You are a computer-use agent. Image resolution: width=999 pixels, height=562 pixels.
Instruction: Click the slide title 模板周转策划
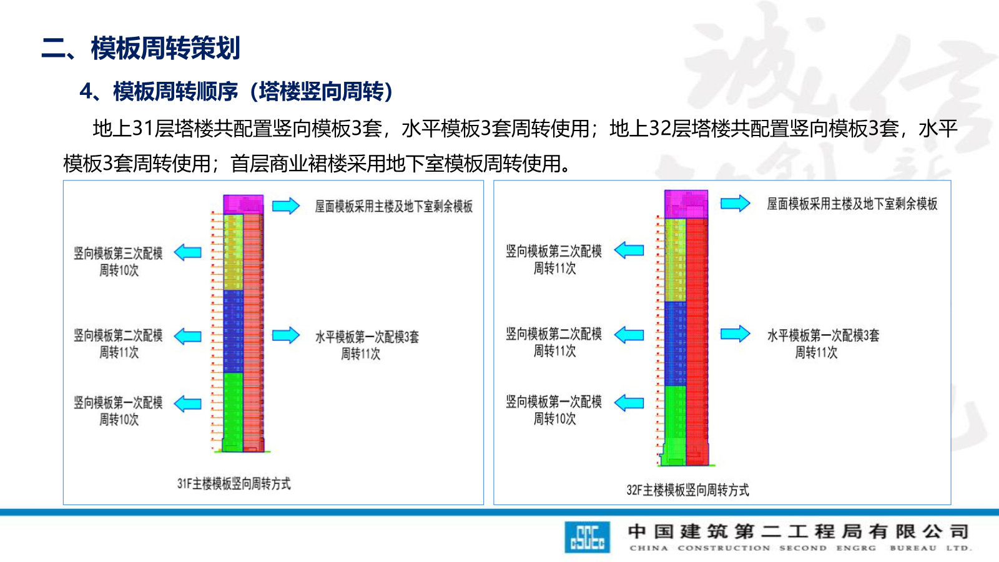point(165,48)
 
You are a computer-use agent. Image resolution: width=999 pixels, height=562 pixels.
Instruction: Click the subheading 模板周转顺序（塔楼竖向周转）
point(253,92)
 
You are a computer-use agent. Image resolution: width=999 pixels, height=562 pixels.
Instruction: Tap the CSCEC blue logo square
point(587,537)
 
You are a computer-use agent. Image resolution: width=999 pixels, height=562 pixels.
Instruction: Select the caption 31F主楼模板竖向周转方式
point(234,483)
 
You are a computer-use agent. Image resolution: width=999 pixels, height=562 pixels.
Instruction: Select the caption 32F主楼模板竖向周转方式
point(687,490)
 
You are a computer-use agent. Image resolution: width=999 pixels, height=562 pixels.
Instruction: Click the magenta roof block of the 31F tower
point(243,204)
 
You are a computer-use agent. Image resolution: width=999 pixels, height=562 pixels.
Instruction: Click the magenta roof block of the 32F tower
point(686,204)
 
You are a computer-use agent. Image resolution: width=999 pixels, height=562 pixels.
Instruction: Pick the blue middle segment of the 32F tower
point(675,343)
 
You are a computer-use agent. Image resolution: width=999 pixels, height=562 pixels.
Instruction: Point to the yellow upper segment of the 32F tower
point(675,259)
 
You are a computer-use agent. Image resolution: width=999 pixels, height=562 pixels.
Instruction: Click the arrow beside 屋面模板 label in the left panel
point(286,205)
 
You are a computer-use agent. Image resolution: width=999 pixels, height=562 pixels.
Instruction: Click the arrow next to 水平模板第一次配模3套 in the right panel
point(735,334)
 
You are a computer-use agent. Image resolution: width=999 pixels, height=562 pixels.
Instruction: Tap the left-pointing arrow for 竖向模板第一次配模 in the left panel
point(187,403)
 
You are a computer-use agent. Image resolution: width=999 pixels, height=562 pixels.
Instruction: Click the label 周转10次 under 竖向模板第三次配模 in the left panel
point(119,270)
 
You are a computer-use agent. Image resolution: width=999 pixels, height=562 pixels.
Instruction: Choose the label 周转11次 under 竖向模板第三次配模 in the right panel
point(554,269)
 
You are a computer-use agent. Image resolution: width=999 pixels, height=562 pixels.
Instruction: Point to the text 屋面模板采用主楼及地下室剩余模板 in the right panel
point(852,204)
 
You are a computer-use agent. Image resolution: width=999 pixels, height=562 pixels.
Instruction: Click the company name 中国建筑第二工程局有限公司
point(798,531)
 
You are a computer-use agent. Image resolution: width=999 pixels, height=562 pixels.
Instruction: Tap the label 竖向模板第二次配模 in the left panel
point(118,335)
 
